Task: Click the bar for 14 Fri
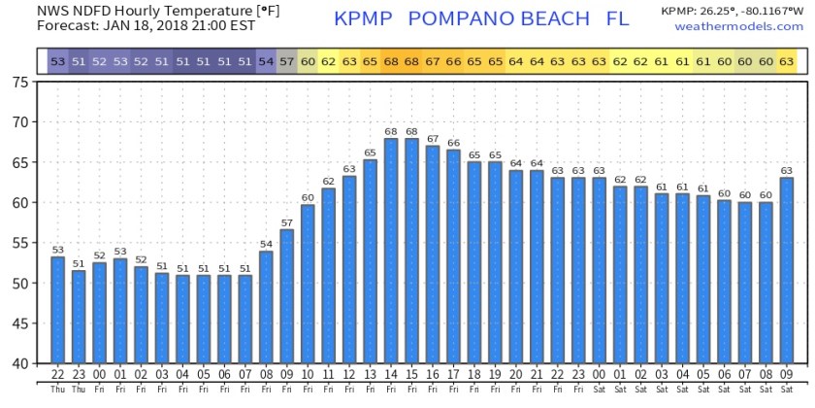click(391, 251)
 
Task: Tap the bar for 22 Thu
click(58, 310)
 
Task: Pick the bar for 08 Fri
click(266, 307)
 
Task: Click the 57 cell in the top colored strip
click(286, 62)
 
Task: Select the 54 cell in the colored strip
click(266, 62)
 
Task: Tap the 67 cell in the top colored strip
click(432, 62)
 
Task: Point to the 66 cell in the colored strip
click(453, 62)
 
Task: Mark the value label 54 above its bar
click(266, 245)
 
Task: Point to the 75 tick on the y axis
click(20, 83)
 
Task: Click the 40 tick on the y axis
click(20, 363)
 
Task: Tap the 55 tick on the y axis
click(20, 243)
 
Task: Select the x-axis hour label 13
click(370, 375)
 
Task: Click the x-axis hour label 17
click(453, 375)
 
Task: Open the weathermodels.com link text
click(739, 25)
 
